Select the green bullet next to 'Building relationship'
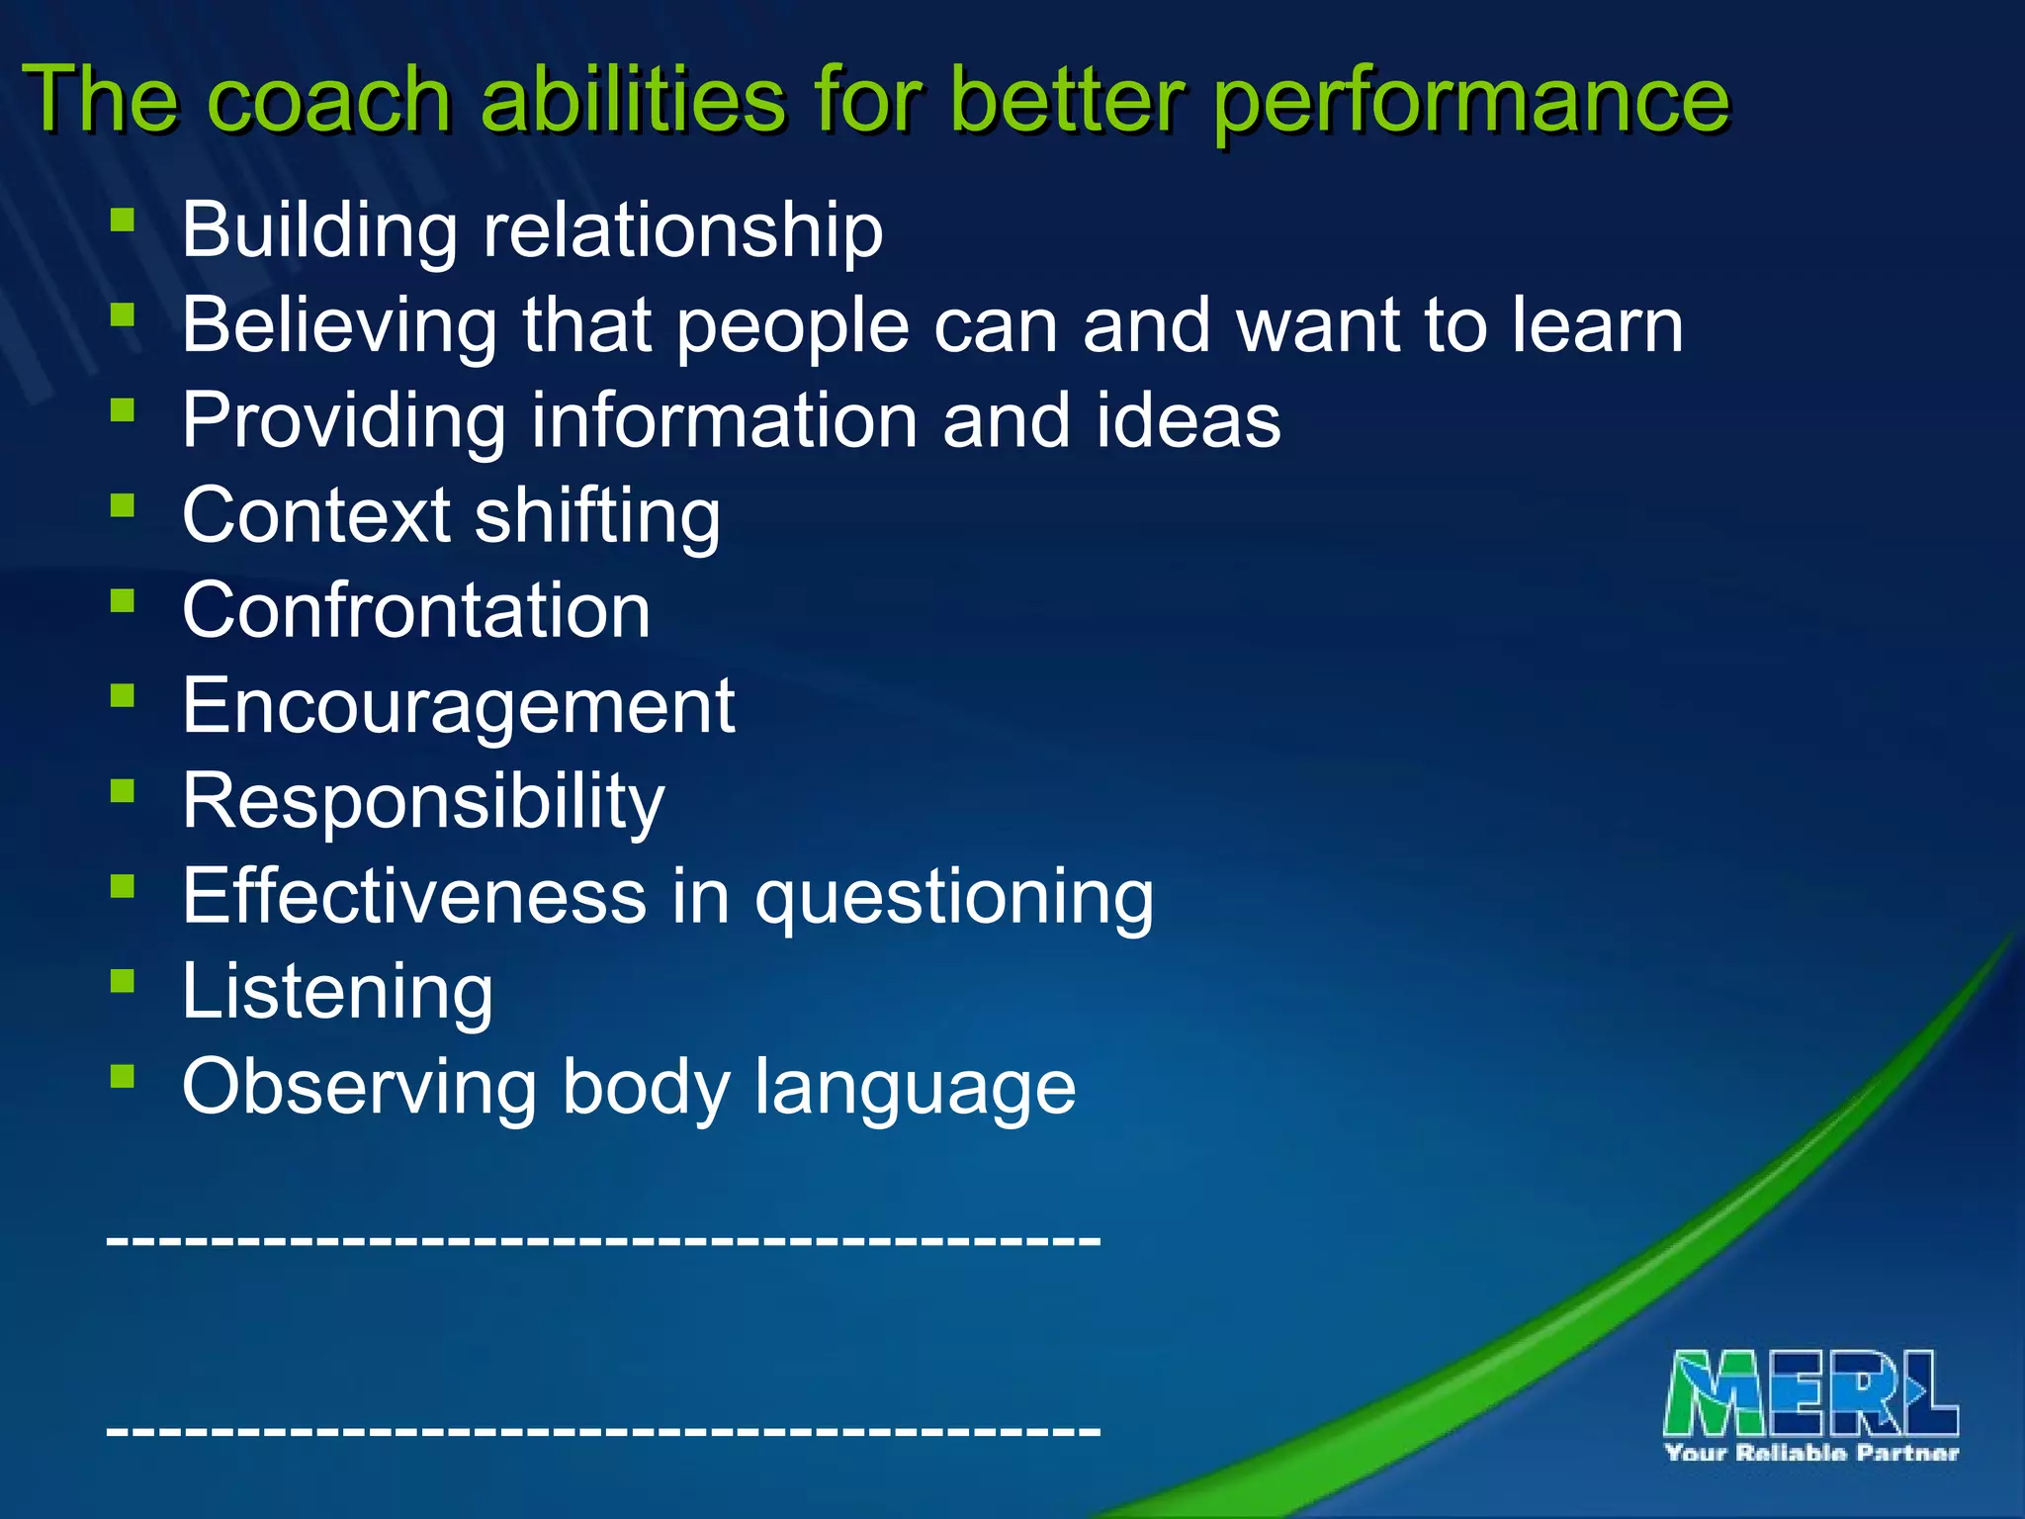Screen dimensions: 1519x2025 coord(123,219)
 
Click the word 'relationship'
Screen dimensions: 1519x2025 coord(682,230)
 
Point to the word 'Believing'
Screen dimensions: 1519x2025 coord(339,326)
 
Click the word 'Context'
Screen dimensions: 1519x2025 coord(316,515)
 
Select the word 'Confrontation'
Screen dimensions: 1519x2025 coord(416,610)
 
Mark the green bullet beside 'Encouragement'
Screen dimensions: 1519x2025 coord(123,695)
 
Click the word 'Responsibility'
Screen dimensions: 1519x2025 coord(423,802)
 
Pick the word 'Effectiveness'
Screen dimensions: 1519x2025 coord(413,896)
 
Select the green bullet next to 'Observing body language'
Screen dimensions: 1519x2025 coord(123,1076)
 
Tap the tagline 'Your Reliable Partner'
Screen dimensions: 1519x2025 coord(1811,1453)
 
